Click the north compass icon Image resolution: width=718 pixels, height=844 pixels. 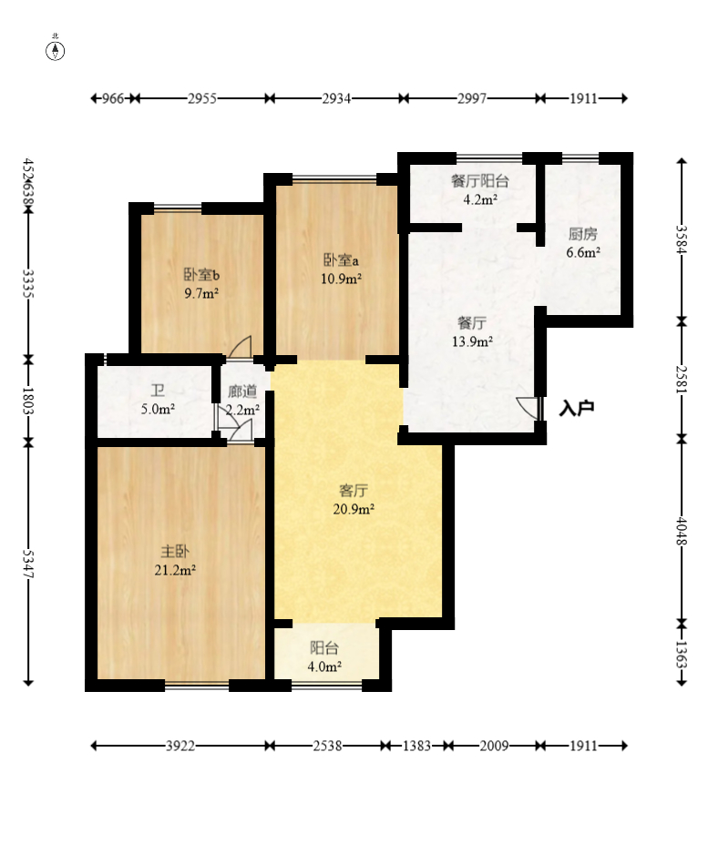click(55, 48)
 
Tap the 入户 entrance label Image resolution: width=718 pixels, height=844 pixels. click(577, 408)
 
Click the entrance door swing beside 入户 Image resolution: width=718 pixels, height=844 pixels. click(528, 408)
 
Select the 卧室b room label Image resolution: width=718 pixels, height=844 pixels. click(201, 275)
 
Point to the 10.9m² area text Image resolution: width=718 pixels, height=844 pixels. click(341, 279)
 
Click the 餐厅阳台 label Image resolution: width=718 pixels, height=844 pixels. click(480, 181)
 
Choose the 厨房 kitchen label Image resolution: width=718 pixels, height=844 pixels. click(583, 234)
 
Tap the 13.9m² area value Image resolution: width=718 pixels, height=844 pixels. click(472, 341)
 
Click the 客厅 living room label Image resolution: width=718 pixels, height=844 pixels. click(354, 491)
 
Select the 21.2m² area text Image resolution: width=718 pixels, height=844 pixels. click(175, 569)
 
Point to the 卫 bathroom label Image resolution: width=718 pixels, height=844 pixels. click(158, 391)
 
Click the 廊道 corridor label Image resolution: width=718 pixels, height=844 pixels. click(242, 391)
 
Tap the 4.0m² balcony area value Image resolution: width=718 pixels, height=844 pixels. click(324, 666)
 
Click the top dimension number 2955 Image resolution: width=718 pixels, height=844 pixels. click(202, 98)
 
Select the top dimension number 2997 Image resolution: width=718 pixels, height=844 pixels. click(472, 98)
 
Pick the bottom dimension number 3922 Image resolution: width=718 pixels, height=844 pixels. click(180, 746)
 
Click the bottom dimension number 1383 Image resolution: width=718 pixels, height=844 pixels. click(417, 746)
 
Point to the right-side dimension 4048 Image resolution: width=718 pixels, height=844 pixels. click(682, 532)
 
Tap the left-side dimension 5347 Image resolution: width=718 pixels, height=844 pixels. click(28, 564)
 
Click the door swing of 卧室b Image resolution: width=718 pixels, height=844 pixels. click(241, 347)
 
